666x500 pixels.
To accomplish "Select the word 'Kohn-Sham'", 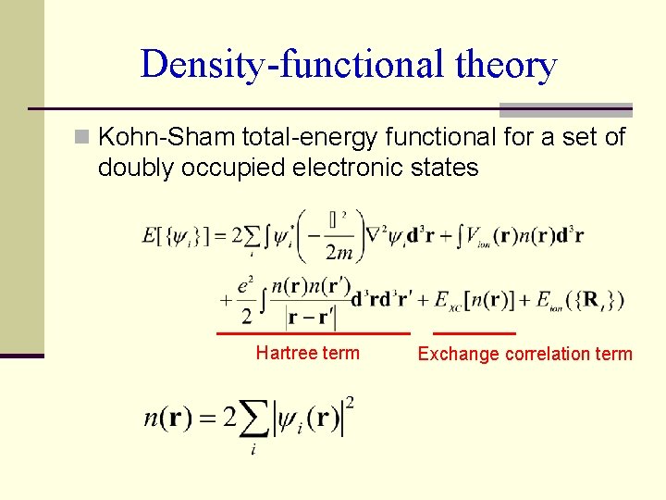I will pos(166,138).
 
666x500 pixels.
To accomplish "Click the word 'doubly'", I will pos(131,168).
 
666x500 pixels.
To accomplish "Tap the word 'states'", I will pos(447,168).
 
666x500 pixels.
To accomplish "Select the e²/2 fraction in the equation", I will pos(246,301).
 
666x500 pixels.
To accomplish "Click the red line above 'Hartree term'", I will pos(313,333).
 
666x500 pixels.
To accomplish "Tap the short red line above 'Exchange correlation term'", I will pos(475,333).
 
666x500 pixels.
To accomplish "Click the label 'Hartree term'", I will pos(307,353).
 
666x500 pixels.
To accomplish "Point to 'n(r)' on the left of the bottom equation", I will pos(168,417).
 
